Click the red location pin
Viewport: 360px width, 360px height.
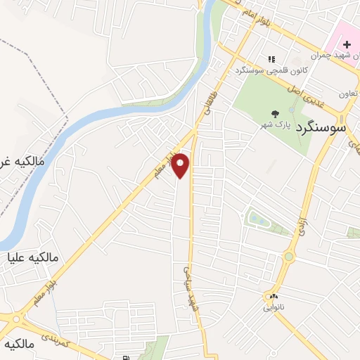click(x=181, y=165)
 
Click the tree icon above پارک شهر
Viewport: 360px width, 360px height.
click(x=273, y=112)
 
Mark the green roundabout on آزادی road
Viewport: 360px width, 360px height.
click(x=288, y=257)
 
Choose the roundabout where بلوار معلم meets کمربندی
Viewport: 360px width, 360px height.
click(x=14, y=318)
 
